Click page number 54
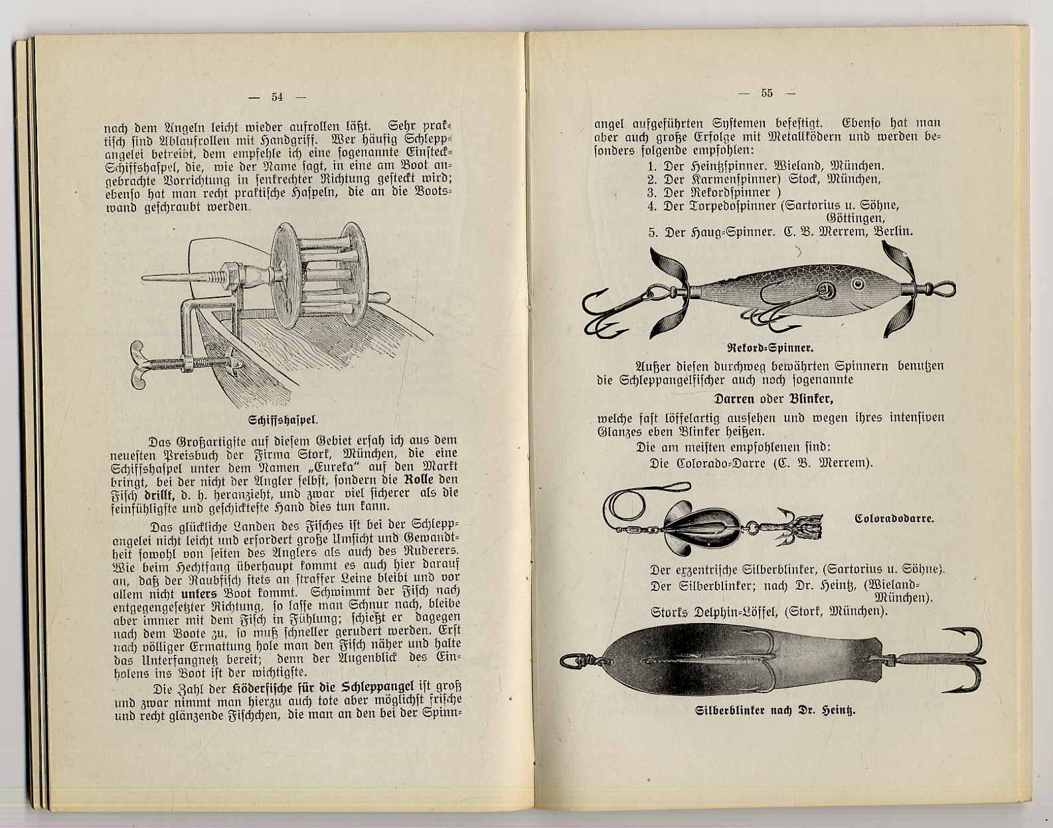click(277, 97)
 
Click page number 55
click(767, 94)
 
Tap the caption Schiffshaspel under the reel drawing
click(283, 420)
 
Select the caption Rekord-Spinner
click(771, 348)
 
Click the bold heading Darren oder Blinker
click(773, 399)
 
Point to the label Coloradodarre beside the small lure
click(894, 518)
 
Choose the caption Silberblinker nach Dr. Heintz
click(774, 711)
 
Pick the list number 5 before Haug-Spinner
click(652, 232)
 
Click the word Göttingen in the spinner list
click(855, 218)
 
